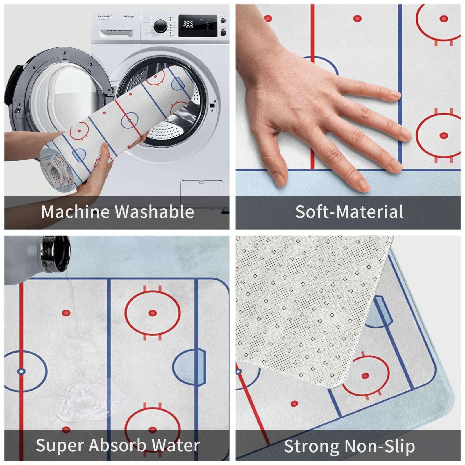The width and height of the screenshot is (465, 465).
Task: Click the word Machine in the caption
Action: pyautogui.click(x=75, y=212)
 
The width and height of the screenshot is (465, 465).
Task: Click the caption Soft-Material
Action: pyautogui.click(x=349, y=212)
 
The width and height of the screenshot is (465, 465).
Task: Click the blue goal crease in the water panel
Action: pyautogui.click(x=190, y=366)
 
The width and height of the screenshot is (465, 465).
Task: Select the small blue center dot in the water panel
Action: pyautogui.click(x=21, y=371)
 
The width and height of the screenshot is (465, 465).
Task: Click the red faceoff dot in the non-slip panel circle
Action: pyautogui.click(x=365, y=376)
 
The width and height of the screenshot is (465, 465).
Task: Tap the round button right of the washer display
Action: pyautogui.click(x=223, y=21)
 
